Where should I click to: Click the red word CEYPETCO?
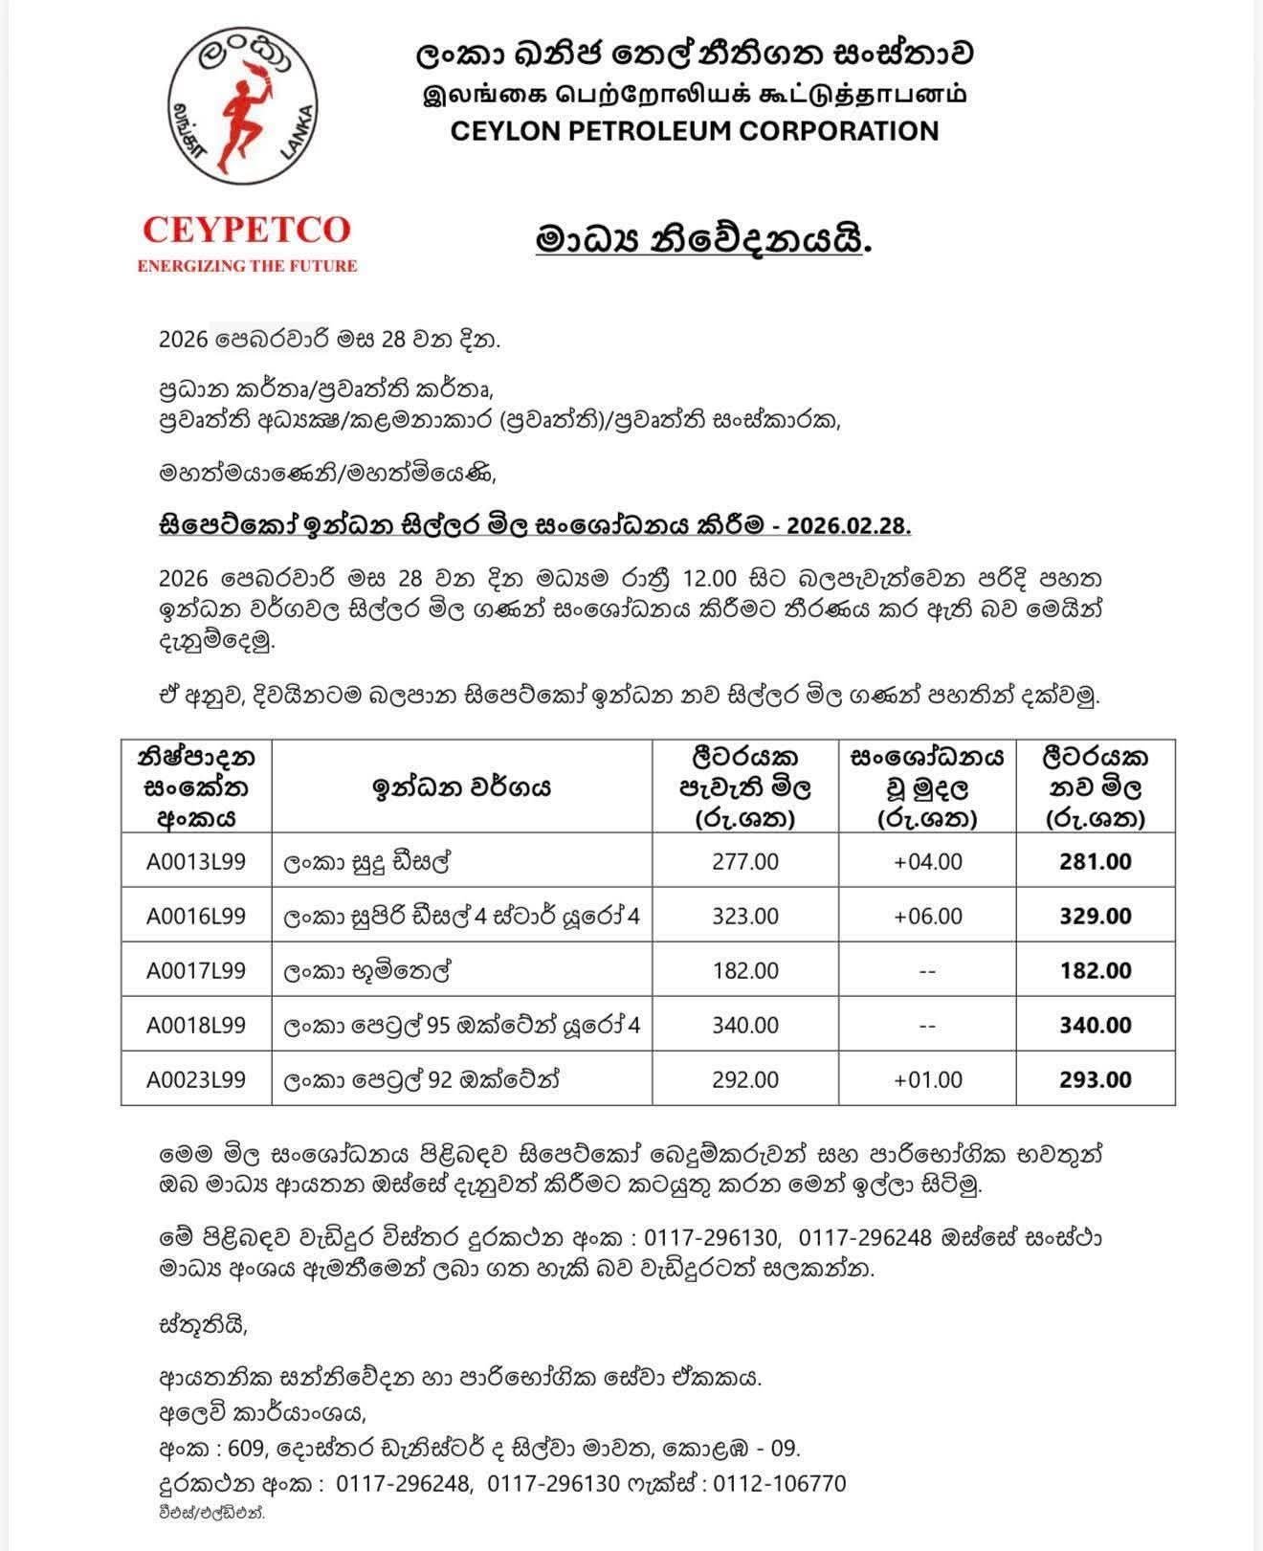click(247, 231)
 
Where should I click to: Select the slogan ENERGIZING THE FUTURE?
click(247, 266)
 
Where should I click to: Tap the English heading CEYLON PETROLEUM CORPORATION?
click(695, 131)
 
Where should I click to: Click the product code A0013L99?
click(196, 861)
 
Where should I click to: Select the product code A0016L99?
click(196, 916)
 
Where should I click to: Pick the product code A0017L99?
click(196, 970)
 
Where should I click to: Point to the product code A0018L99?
click(196, 1025)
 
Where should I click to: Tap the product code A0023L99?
click(196, 1079)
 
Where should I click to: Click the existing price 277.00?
click(745, 861)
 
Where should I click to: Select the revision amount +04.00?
click(927, 861)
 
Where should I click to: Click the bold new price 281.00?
click(1096, 861)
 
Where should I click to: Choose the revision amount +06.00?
click(927, 916)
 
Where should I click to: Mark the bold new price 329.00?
click(1096, 916)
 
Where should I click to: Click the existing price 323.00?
click(745, 916)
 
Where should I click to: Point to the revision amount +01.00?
click(927, 1079)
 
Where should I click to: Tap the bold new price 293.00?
click(1096, 1079)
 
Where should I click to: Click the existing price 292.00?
click(745, 1079)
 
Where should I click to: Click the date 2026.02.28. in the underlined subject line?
click(851, 526)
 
